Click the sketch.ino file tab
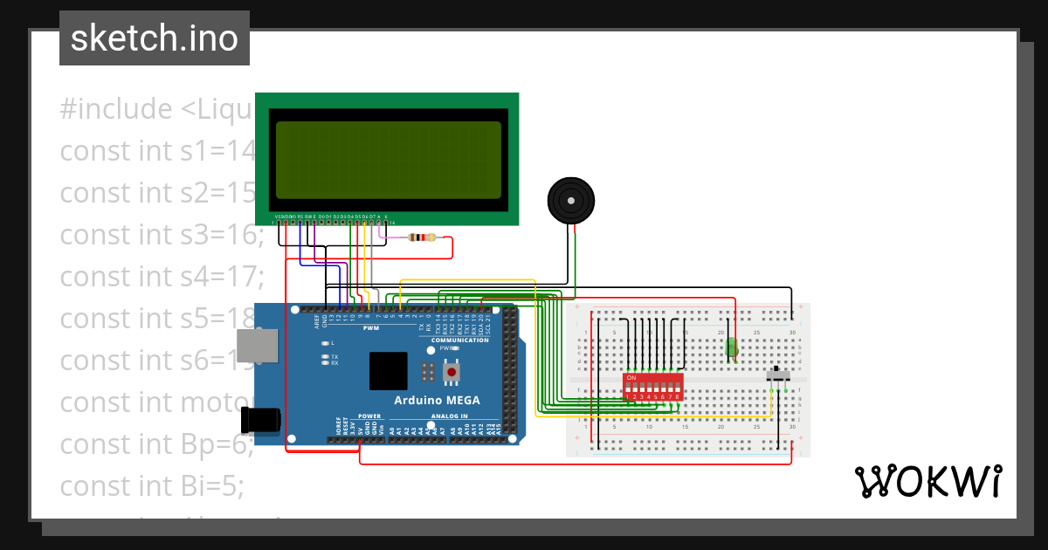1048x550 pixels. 154,38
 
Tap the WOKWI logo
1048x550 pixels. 927,481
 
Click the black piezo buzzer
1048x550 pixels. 571,202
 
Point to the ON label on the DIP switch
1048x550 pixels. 631,378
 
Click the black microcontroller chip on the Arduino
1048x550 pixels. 388,370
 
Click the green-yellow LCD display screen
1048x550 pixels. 388,160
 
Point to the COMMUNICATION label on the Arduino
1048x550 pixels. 459,340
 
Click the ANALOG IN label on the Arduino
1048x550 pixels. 449,416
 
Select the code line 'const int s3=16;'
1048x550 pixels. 162,235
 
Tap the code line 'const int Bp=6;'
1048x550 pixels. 156,443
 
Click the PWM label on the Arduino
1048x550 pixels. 371,327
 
